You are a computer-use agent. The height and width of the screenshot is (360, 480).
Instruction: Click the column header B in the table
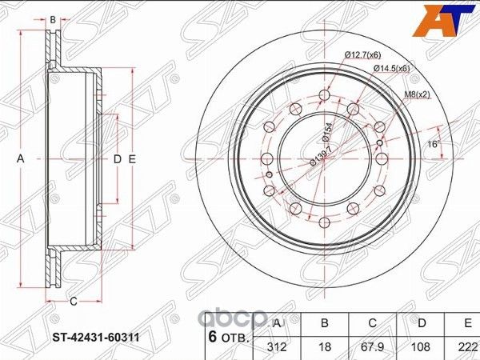point(324,324)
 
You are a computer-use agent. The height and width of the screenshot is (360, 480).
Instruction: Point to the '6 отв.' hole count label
point(226,335)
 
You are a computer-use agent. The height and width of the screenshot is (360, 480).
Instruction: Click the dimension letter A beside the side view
point(21,160)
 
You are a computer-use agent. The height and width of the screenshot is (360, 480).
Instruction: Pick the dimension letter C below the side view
point(73,302)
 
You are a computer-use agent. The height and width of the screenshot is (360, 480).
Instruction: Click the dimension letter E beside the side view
point(132,160)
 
